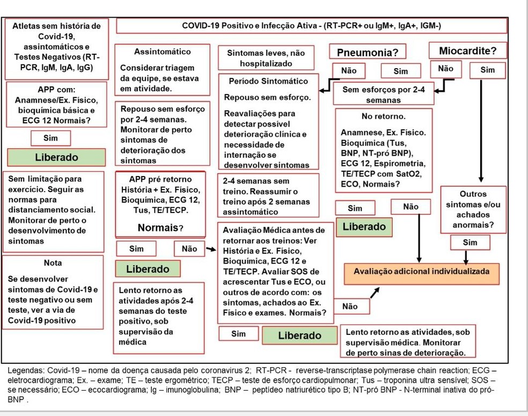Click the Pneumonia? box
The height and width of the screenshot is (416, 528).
point(367,52)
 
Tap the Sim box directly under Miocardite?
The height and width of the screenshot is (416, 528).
point(487,70)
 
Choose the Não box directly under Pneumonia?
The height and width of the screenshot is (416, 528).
point(349,70)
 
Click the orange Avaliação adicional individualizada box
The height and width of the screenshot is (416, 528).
point(421,272)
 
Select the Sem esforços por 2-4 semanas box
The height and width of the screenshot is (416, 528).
point(383,94)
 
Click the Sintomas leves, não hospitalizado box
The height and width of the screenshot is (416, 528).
point(266,59)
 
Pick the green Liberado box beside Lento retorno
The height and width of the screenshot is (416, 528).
point(299,335)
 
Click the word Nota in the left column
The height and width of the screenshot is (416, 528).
point(53,263)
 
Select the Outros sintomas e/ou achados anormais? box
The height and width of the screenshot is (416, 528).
point(473,209)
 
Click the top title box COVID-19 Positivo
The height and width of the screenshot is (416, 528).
point(311,26)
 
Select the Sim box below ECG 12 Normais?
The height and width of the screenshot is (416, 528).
point(51,138)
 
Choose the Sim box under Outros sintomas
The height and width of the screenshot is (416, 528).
point(470,243)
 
